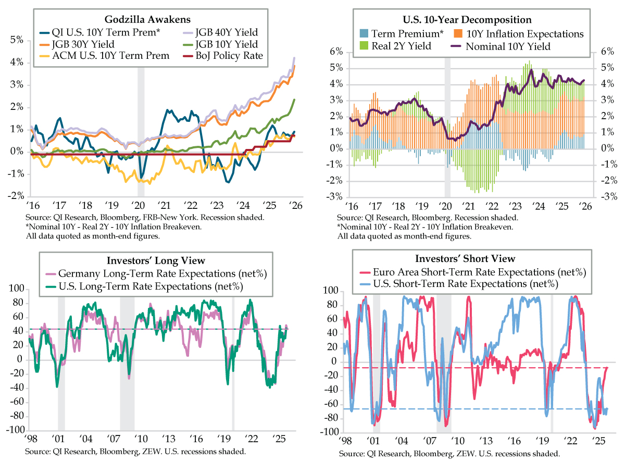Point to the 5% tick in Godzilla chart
tap(17, 40)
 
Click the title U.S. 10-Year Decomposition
tap(467, 20)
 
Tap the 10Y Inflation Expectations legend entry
tap(523, 34)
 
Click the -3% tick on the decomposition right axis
tap(607, 197)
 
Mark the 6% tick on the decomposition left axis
tap(336, 52)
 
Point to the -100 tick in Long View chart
tap(14, 430)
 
